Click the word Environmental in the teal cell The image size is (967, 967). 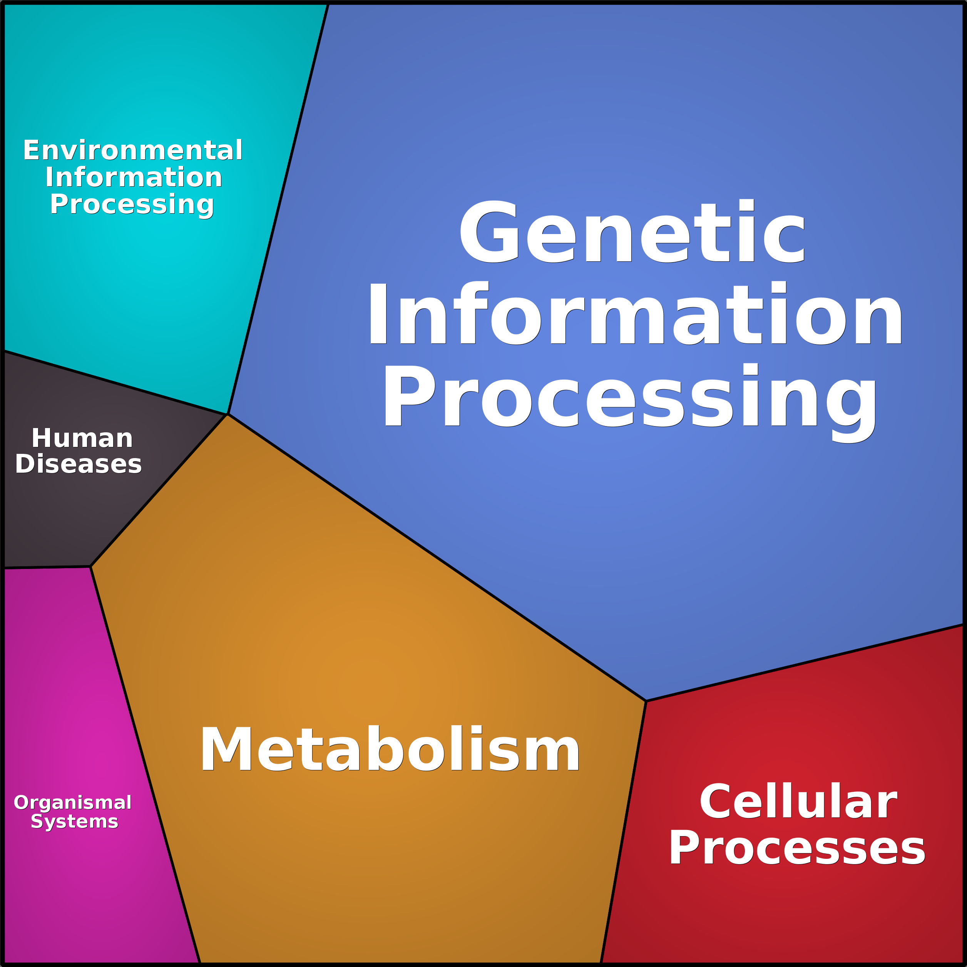pos(133,150)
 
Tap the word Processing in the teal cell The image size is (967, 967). pos(132,205)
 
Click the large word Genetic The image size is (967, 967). pos(632,231)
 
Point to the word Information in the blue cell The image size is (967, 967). pos(635,313)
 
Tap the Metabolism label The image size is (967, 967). pos(390,749)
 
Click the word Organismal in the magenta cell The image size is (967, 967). pos(73,802)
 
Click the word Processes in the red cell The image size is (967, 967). pos(797,847)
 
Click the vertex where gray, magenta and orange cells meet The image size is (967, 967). pos(90,567)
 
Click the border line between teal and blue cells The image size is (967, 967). pos(278,209)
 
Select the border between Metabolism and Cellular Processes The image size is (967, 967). pos(623,832)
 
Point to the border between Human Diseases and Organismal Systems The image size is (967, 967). pos(47,567)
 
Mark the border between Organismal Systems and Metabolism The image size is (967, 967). pos(145,765)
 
